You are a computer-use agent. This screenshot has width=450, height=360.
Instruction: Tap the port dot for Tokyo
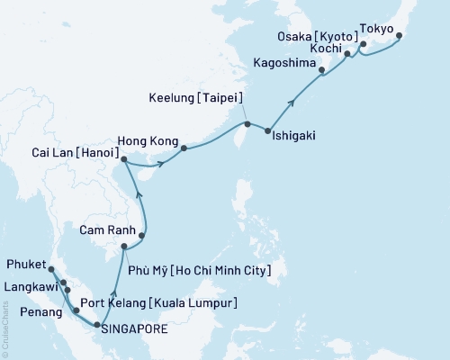(400, 37)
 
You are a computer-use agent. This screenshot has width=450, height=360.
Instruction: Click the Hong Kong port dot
(183, 148)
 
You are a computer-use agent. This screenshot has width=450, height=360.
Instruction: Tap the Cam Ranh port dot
(141, 236)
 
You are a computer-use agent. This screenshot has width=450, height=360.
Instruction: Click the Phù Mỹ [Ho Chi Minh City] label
(203, 269)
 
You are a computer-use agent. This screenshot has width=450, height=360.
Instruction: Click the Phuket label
(25, 266)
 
